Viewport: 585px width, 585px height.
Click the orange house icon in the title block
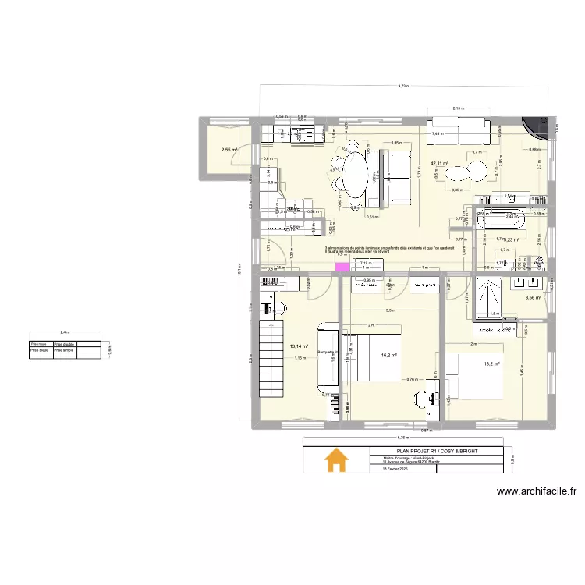336,460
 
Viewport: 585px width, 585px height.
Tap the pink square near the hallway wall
341,268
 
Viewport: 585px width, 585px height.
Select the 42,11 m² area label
440,164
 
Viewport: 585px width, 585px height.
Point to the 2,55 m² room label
229,150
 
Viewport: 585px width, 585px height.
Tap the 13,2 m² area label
491,363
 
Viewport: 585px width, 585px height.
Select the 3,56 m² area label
534,297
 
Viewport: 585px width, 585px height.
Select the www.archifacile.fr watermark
536,491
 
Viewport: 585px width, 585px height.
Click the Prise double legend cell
65,343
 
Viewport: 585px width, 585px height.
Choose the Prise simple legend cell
65,349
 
